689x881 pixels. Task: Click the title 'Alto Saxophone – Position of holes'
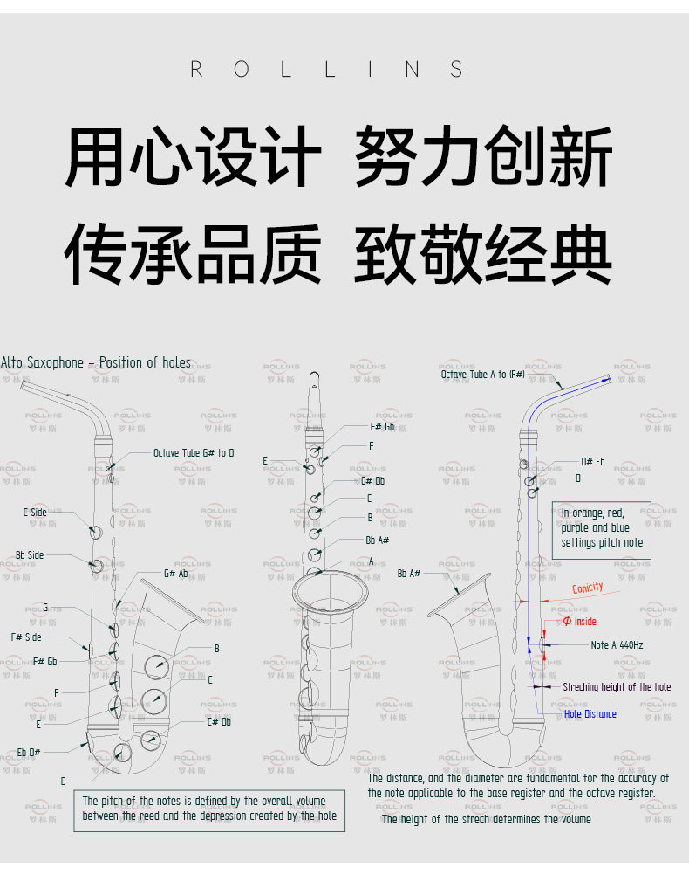(96, 362)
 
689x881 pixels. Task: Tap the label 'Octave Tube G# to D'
(194, 453)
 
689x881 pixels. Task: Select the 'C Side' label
(35, 513)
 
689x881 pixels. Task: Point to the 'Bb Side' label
(30, 555)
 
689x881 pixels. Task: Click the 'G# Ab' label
(175, 574)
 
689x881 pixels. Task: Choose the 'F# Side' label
(26, 637)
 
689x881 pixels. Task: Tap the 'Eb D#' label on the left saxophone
(29, 752)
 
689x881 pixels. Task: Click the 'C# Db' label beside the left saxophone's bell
(219, 721)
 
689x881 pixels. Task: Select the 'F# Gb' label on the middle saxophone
(382, 427)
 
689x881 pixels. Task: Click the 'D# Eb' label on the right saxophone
(593, 462)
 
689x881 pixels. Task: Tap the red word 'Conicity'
(588, 588)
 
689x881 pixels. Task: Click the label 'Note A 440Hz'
(617, 645)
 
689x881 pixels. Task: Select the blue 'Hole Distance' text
(590, 714)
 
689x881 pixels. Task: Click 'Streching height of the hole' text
(617, 687)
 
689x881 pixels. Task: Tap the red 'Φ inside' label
(580, 622)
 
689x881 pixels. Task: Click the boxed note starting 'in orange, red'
(602, 527)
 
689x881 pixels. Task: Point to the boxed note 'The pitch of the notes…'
(204, 809)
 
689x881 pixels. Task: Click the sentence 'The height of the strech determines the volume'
(486, 819)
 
